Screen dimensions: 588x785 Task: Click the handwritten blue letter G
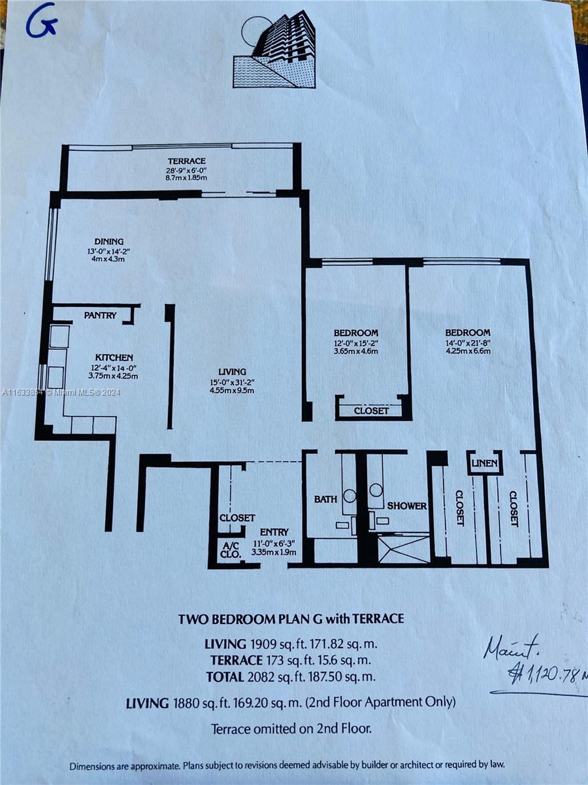pyautogui.click(x=41, y=25)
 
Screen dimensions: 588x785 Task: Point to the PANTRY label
pyautogui.click(x=101, y=315)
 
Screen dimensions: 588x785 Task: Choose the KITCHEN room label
pyautogui.click(x=114, y=357)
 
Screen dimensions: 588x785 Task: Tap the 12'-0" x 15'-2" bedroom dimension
pyautogui.click(x=355, y=343)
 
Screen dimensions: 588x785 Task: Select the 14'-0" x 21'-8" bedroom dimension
pyautogui.click(x=468, y=343)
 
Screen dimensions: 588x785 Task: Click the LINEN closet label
pyautogui.click(x=485, y=464)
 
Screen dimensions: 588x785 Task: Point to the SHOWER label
pyautogui.click(x=407, y=506)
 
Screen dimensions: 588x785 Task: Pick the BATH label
pyautogui.click(x=325, y=499)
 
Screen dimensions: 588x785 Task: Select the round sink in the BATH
pyautogui.click(x=350, y=496)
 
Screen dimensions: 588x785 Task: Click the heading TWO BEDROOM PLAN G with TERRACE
pyautogui.click(x=291, y=619)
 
